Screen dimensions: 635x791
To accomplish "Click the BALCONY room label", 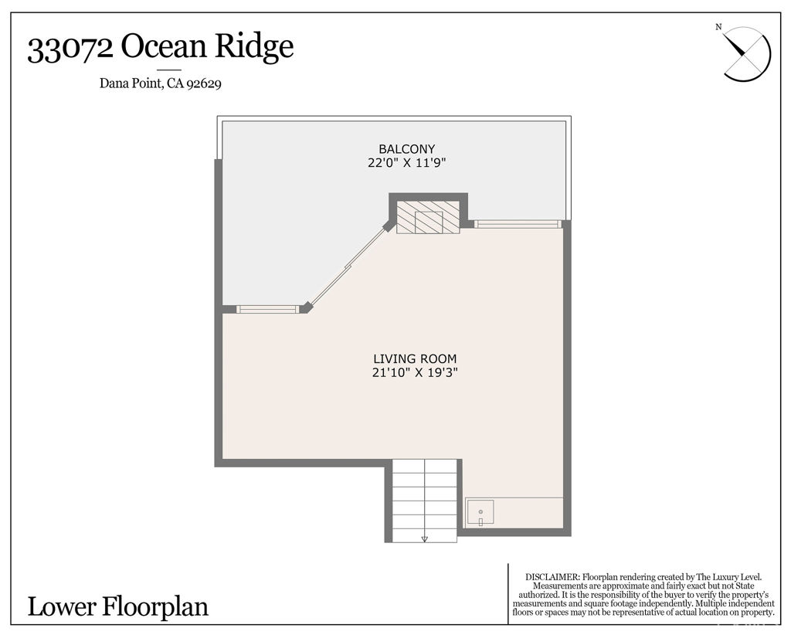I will [406, 149].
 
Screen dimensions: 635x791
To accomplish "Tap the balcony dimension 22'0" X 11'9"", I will [406, 163].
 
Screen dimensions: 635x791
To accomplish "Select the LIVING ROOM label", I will [415, 359].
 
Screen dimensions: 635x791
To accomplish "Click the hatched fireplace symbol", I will [428, 217].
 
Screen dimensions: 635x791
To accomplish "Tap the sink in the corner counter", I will [480, 512].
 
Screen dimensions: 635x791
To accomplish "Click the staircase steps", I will [424, 498].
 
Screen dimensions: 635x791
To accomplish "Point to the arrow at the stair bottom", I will [424, 538].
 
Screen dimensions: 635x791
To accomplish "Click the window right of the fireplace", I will [517, 224].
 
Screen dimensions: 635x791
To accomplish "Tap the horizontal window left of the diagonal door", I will [267, 309].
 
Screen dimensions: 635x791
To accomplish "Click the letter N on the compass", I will [718, 28].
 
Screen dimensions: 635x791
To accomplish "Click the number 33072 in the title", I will [70, 49].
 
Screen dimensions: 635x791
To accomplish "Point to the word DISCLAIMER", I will [552, 577].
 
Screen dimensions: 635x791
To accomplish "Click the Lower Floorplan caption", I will [118, 606].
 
